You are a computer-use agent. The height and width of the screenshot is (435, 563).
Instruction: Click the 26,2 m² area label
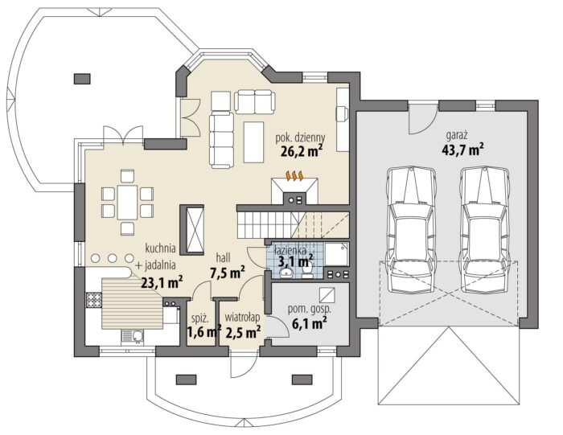(301, 150)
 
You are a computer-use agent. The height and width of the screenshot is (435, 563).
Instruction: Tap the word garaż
(456, 136)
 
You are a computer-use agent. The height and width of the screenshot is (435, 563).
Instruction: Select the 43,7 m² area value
(462, 149)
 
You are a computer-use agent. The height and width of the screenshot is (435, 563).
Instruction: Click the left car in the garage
(412, 230)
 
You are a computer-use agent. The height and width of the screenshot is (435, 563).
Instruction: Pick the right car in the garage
(486, 230)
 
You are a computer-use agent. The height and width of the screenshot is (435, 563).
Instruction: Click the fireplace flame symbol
(294, 176)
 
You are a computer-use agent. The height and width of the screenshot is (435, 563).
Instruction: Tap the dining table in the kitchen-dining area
(127, 202)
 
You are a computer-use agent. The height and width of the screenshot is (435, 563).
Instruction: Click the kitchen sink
(133, 337)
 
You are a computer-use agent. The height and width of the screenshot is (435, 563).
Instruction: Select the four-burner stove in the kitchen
(94, 300)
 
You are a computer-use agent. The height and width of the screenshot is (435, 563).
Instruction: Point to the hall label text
(223, 257)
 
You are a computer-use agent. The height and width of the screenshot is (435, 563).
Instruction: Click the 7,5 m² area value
(228, 273)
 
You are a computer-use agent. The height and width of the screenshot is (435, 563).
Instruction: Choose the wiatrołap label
(242, 318)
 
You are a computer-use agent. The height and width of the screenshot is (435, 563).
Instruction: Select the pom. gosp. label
(310, 310)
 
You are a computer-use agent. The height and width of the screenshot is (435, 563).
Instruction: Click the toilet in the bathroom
(307, 271)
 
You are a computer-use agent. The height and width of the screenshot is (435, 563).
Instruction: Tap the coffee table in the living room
(254, 142)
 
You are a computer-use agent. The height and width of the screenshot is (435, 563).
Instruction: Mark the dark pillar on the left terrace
(82, 79)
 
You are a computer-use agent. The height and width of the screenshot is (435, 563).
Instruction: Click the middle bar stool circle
(113, 257)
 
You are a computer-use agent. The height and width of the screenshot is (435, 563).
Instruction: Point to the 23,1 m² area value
(162, 282)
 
